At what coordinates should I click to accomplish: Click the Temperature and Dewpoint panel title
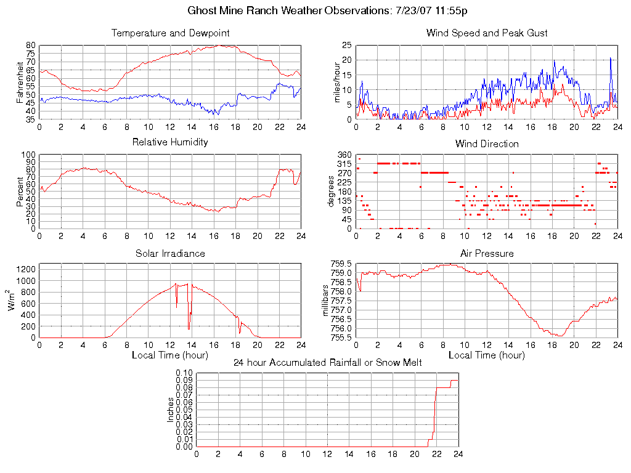(170, 33)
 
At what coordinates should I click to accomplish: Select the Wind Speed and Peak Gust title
(487, 33)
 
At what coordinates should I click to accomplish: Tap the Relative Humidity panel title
(170, 142)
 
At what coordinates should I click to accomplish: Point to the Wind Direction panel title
(487, 144)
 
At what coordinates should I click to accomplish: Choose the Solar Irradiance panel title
(170, 253)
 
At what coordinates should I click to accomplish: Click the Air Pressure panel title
(487, 253)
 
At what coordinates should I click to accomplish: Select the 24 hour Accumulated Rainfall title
(327, 363)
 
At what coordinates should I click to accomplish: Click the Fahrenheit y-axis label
(20, 83)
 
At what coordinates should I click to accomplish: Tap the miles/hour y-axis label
(337, 83)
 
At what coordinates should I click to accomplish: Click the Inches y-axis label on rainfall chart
(171, 410)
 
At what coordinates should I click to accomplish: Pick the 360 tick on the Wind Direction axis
(344, 155)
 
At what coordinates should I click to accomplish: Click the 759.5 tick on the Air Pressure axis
(340, 264)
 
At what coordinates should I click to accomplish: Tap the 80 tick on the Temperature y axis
(31, 46)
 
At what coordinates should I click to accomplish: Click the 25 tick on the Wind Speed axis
(346, 45)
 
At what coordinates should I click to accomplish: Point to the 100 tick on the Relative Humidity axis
(28, 155)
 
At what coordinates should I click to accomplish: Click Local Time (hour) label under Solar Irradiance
(170, 355)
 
